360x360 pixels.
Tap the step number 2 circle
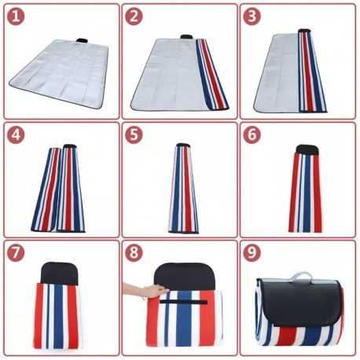[x=134, y=15]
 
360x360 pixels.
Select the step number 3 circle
[x=252, y=15]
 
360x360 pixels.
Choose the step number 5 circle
[x=134, y=134]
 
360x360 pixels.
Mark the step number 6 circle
[x=252, y=134]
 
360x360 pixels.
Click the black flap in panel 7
[x=62, y=274]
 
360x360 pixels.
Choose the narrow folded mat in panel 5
[x=182, y=189]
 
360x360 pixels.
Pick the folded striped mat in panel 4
[x=59, y=189]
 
